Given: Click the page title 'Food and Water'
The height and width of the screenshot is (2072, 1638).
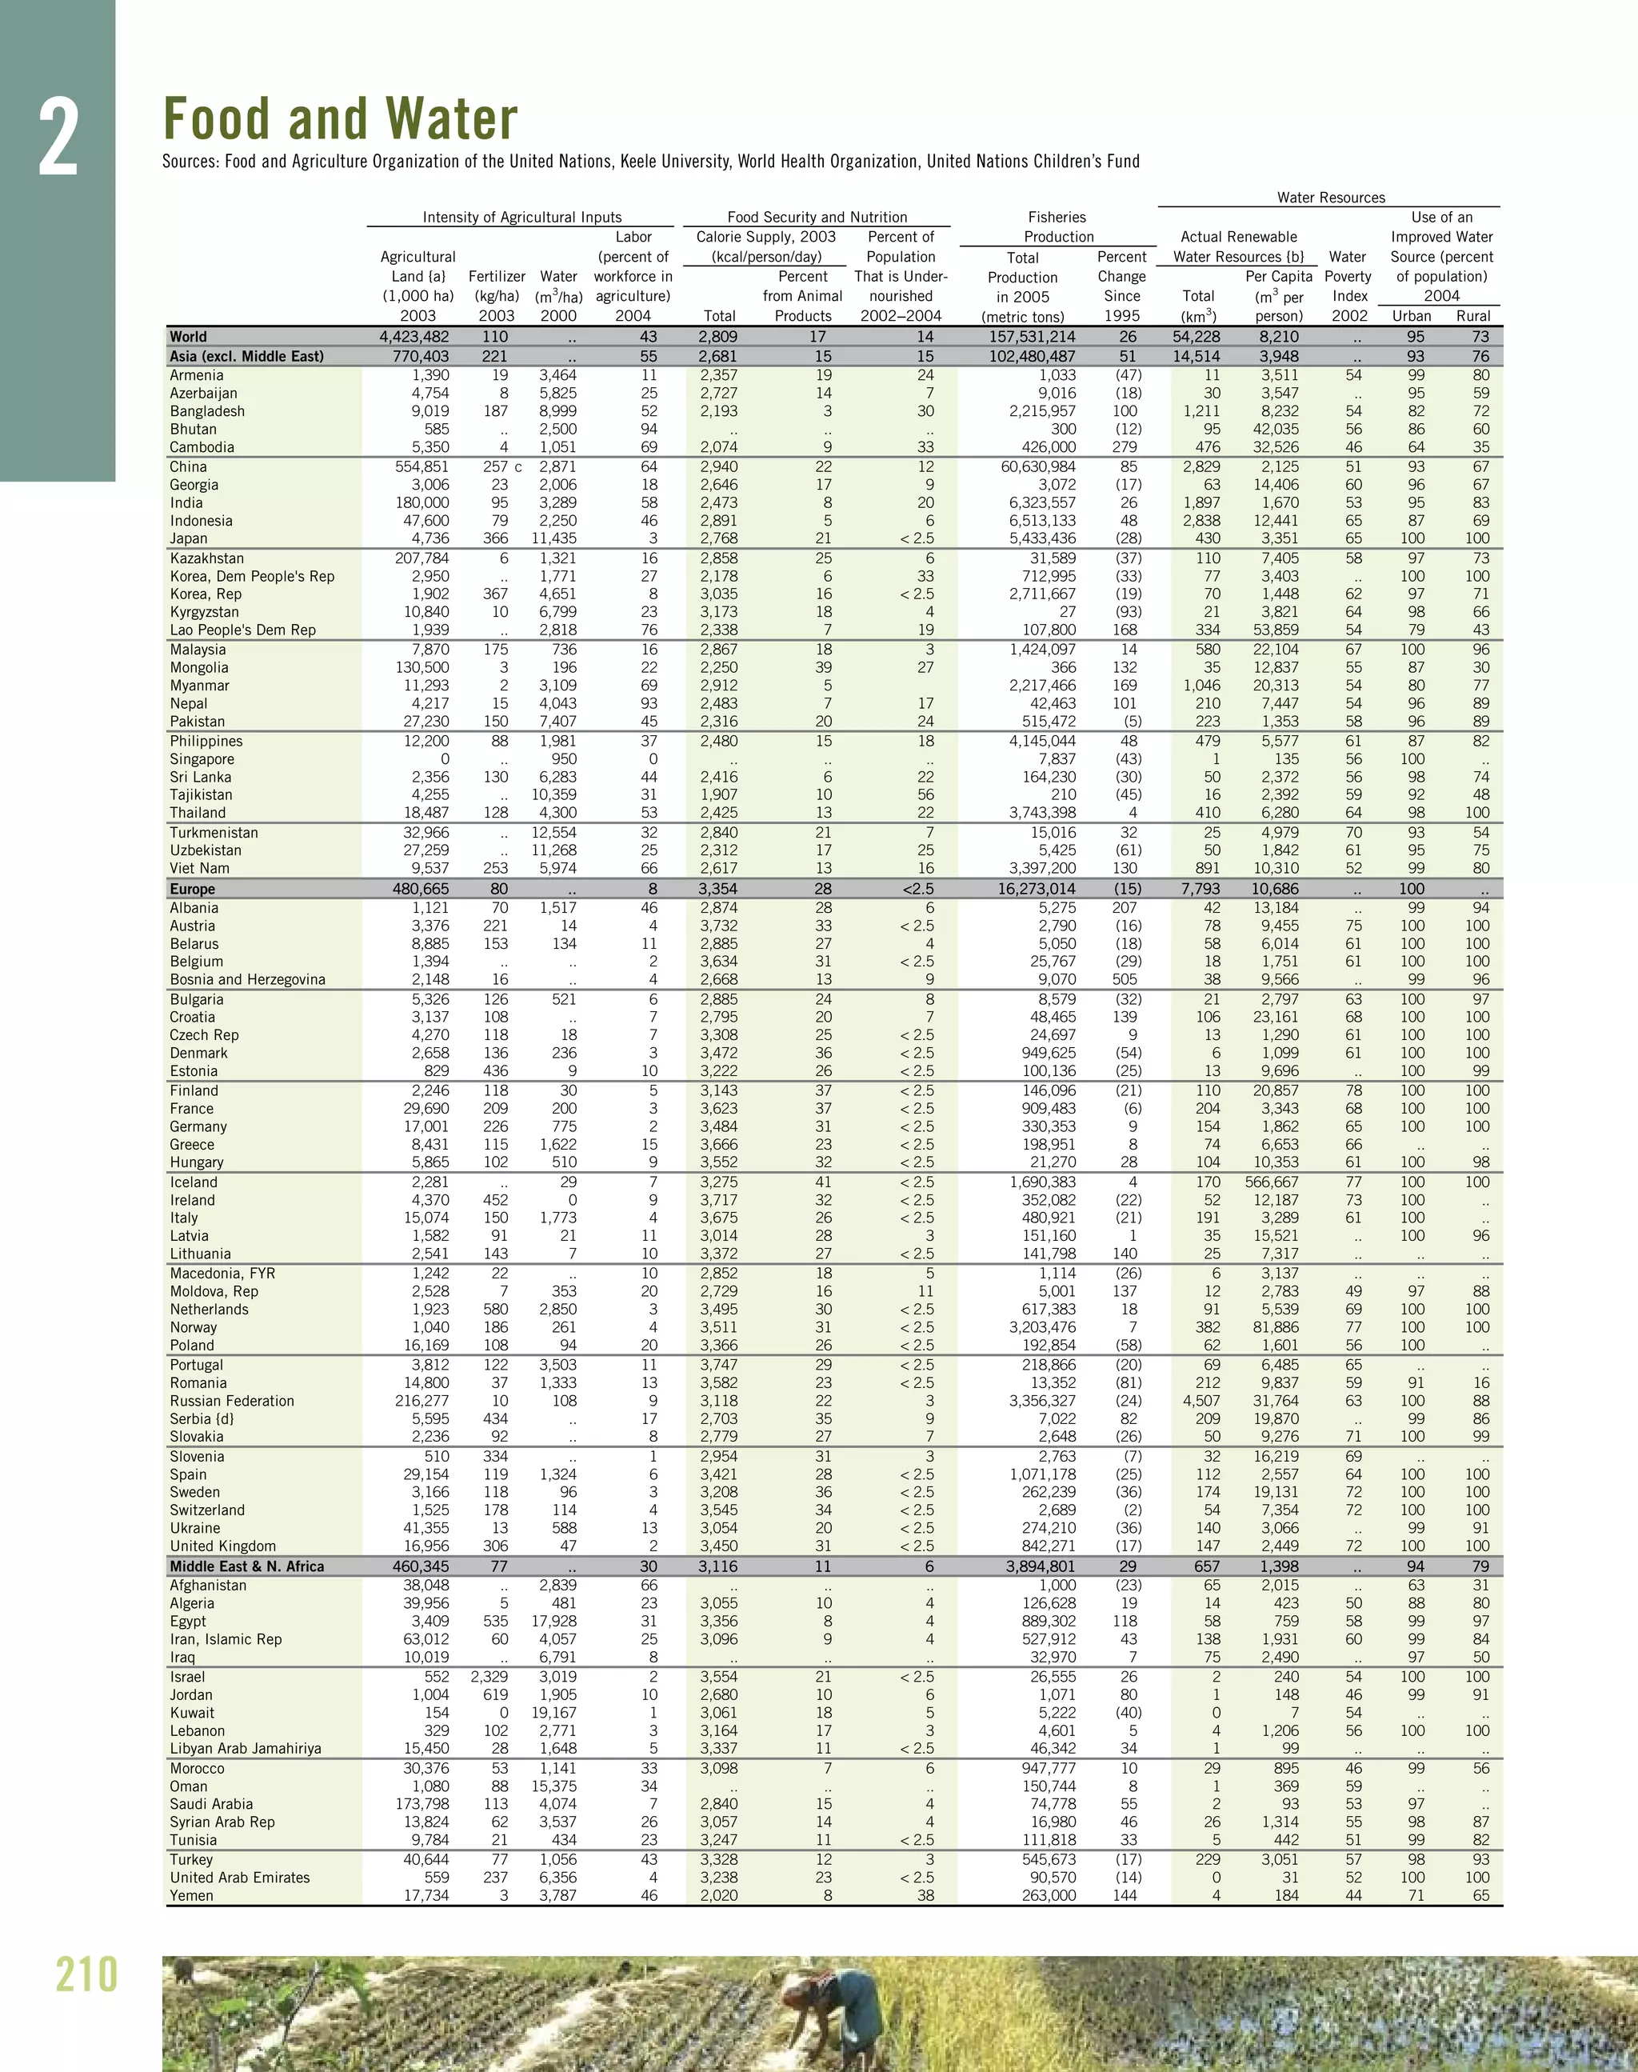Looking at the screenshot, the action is (x=341, y=119).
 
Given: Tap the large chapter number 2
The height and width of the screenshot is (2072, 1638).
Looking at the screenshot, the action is (x=58, y=139).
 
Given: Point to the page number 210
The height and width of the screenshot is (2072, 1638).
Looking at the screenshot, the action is (x=86, y=1975).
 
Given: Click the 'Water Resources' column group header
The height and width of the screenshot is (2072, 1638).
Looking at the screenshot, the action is (x=1330, y=198).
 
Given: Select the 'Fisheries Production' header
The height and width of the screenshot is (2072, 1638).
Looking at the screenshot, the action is (x=1058, y=227).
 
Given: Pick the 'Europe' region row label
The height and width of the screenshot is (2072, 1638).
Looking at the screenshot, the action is (x=192, y=890).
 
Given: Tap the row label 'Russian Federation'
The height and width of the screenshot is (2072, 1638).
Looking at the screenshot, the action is (x=232, y=1401).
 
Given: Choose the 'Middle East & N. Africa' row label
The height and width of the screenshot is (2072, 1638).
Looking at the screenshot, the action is (x=246, y=1566).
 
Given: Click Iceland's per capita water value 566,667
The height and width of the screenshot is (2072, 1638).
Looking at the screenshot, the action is (x=1272, y=1182).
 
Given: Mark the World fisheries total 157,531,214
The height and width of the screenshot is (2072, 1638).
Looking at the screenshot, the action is (x=1032, y=337).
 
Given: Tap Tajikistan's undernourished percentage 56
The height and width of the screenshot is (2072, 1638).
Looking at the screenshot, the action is (x=925, y=794).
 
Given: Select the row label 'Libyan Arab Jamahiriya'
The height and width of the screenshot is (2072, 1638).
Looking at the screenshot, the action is (x=246, y=1749).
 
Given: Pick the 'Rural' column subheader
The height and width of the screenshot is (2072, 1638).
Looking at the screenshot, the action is (x=1473, y=315).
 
